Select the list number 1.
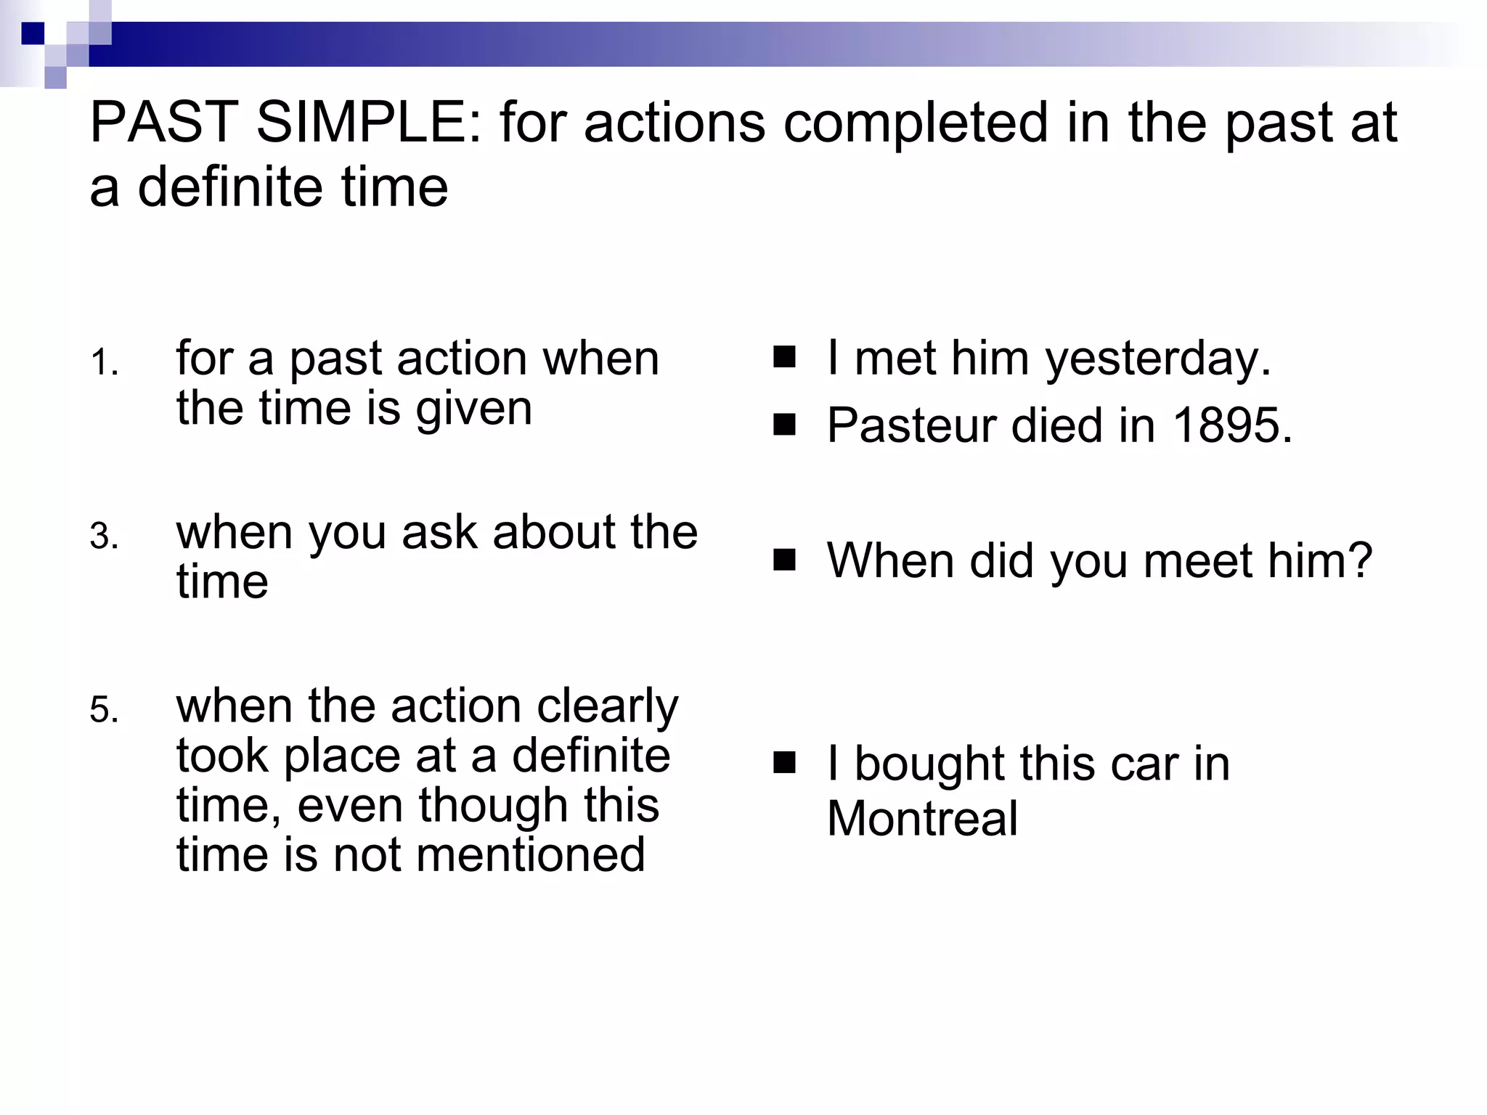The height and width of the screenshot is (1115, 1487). [104, 362]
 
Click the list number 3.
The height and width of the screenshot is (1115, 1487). [104, 537]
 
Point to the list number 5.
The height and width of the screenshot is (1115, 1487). [104, 709]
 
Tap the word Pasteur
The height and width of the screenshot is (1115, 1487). [910, 425]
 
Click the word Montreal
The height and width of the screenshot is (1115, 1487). [922, 818]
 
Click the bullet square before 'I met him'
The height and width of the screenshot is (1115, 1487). [784, 357]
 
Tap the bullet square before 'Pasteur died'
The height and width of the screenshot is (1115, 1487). [784, 423]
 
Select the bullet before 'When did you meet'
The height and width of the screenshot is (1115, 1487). [784, 560]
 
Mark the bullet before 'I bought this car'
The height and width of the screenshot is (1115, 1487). [784, 763]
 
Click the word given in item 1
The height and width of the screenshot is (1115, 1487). [474, 409]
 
